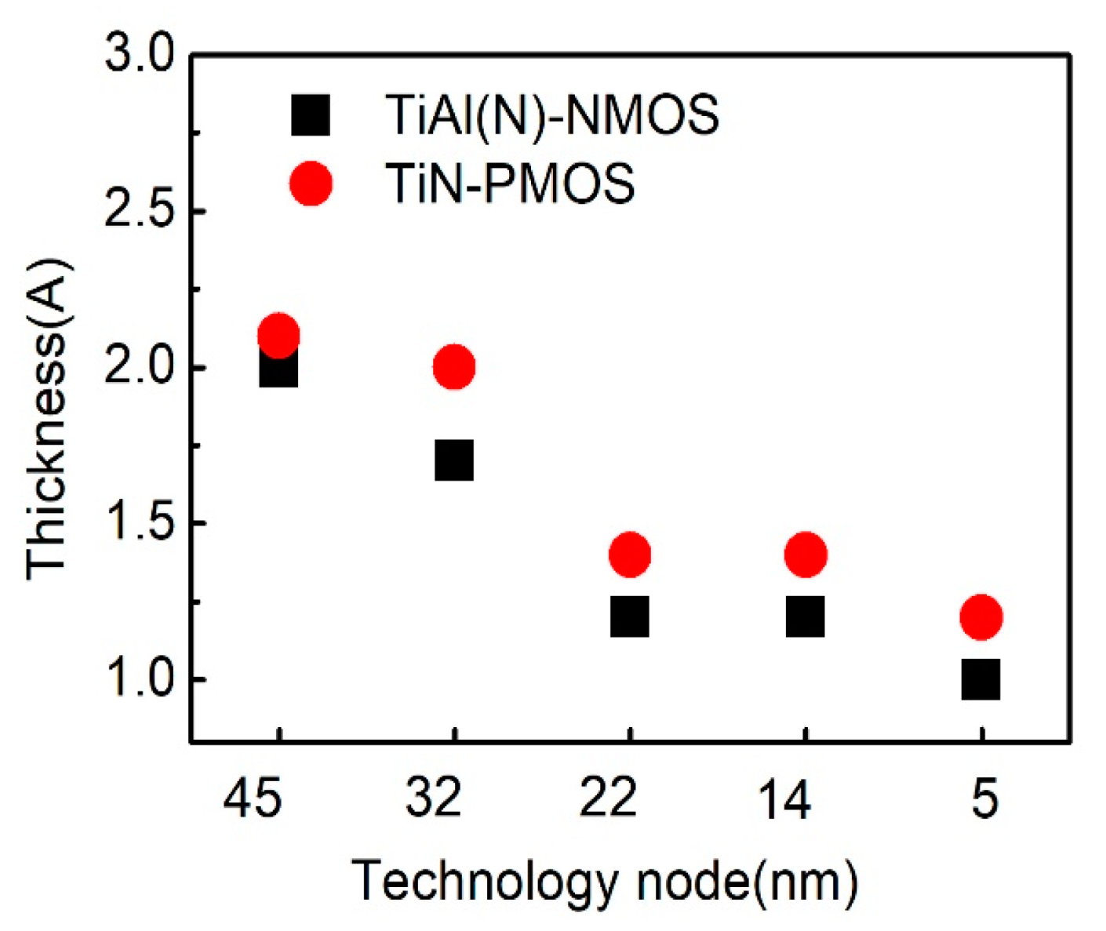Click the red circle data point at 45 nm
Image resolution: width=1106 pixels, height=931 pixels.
pyautogui.click(x=278, y=335)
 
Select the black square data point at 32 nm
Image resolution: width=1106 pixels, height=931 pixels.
pyautogui.click(x=454, y=460)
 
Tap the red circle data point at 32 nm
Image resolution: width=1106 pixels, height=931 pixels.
pyautogui.click(x=454, y=366)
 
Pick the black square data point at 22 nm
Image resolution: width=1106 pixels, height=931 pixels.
pyautogui.click(x=629, y=616)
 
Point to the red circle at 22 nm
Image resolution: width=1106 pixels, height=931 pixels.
pyautogui.click(x=629, y=555)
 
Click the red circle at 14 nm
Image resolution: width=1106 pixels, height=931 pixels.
pyautogui.click(x=806, y=555)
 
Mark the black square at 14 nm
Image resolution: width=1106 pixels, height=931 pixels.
pyautogui.click(x=806, y=616)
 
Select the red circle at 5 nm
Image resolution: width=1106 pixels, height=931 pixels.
pyautogui.click(x=981, y=616)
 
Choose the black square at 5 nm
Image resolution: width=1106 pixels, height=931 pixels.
pyautogui.click(x=981, y=678)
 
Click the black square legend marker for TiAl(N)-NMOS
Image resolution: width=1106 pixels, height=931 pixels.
pyautogui.click(x=311, y=115)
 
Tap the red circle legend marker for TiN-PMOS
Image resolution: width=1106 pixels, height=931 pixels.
pyautogui.click(x=311, y=184)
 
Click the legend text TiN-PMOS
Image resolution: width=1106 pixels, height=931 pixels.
pyautogui.click(x=510, y=184)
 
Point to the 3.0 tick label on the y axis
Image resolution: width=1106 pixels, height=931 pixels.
pyautogui.click(x=139, y=57)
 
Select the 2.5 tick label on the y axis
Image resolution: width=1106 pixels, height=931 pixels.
pyautogui.click(x=139, y=213)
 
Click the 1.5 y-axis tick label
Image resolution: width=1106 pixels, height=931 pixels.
pyautogui.click(x=139, y=523)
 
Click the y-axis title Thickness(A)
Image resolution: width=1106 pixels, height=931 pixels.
pyautogui.click(x=49, y=420)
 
